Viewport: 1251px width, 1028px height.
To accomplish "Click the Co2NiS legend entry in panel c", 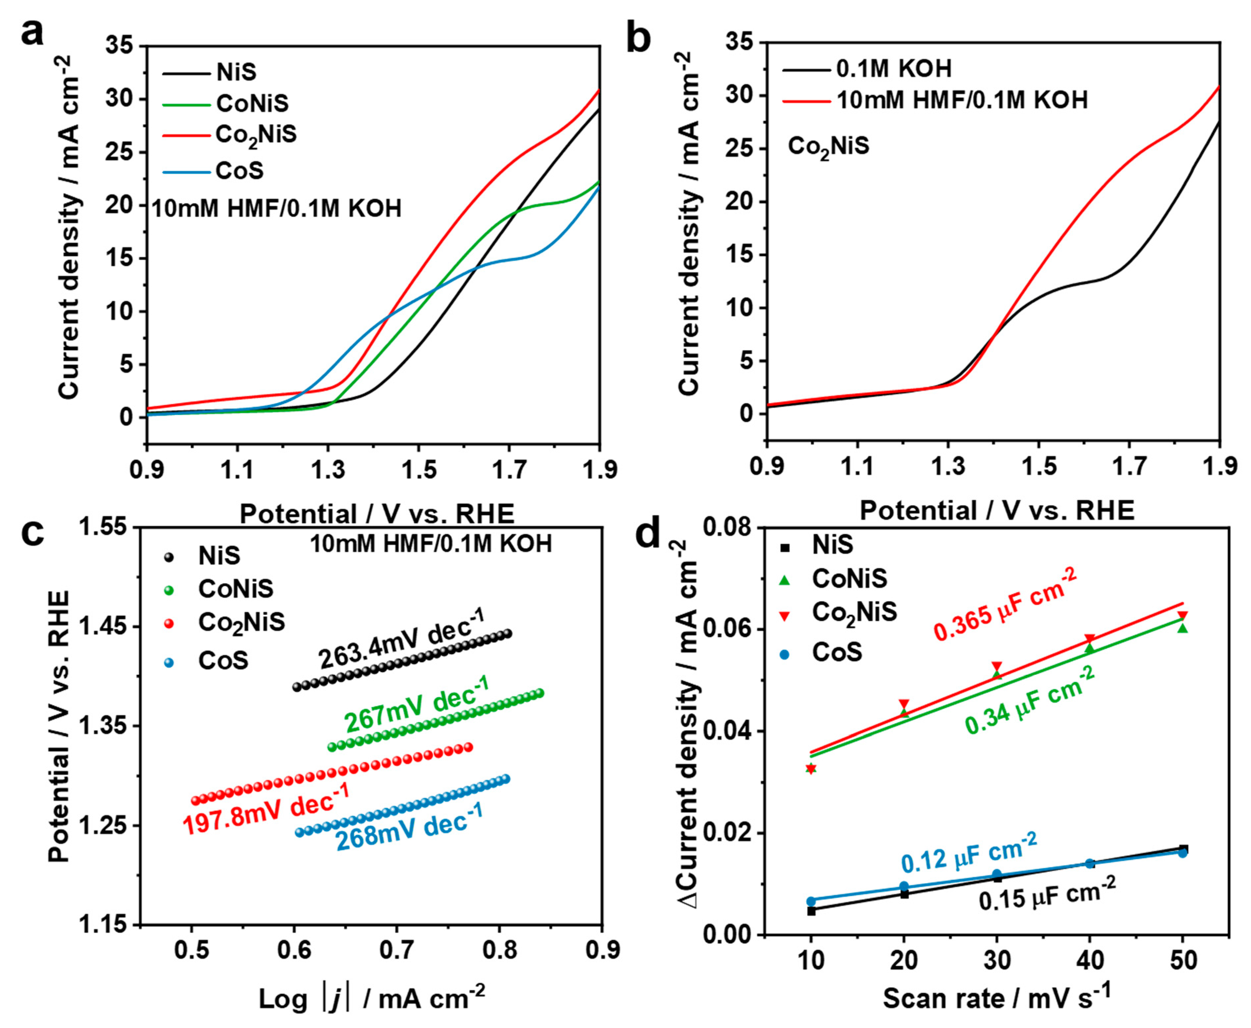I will pyautogui.click(x=241, y=622).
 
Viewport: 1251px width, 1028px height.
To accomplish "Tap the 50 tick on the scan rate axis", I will pyautogui.click(x=1182, y=960).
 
